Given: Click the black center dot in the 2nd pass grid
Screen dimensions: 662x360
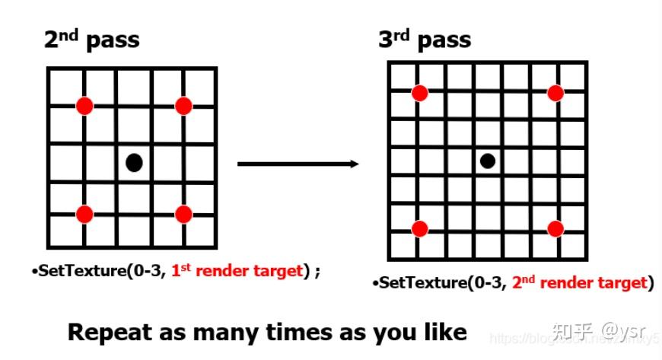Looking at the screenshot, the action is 134,161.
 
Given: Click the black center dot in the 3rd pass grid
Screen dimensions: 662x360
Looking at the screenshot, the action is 488,161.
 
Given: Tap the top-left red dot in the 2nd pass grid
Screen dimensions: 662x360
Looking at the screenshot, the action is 84,105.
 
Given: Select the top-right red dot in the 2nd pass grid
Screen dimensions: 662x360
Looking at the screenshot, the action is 183,106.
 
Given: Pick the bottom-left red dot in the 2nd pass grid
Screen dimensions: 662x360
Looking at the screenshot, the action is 84,214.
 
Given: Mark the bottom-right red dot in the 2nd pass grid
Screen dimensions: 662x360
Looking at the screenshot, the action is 183,214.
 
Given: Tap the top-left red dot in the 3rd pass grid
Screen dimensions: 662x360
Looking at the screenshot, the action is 419,93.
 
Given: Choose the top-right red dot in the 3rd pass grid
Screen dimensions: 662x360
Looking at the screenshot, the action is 555,93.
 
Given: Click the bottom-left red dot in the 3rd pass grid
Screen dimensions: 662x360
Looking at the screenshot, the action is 419,228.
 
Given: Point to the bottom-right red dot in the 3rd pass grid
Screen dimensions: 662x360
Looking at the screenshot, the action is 555,228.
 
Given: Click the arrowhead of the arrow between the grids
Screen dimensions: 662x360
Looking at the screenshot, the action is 354,163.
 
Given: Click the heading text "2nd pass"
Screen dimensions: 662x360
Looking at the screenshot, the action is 91,40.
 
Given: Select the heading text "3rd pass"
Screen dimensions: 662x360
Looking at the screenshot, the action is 425,40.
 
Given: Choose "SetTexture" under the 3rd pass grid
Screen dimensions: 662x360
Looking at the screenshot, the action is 415,283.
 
